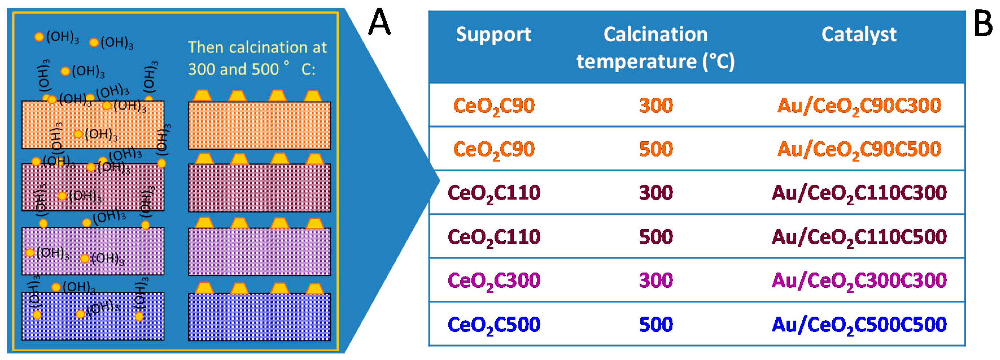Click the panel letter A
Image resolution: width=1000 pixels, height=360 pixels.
(379, 23)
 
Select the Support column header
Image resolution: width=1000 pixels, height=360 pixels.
(493, 34)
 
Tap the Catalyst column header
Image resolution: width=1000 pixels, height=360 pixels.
(859, 34)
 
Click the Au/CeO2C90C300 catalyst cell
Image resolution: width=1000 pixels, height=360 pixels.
(859, 106)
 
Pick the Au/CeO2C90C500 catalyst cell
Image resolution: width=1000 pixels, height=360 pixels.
(859, 150)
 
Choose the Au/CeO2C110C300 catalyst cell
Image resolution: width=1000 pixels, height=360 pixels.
(859, 193)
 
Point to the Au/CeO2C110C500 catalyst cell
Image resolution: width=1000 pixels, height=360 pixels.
(859, 237)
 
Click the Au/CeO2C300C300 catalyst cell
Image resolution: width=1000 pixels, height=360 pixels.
(859, 281)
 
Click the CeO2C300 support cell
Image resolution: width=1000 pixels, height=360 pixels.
(493, 281)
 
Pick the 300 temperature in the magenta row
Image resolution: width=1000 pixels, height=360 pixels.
(656, 281)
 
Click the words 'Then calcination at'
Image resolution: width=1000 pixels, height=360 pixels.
(257, 47)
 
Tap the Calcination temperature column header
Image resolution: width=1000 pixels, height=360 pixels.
(656, 48)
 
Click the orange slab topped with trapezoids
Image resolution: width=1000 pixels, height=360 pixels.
(259, 125)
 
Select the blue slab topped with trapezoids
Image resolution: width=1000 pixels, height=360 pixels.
(259, 317)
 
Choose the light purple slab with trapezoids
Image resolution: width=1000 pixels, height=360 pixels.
(259, 252)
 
